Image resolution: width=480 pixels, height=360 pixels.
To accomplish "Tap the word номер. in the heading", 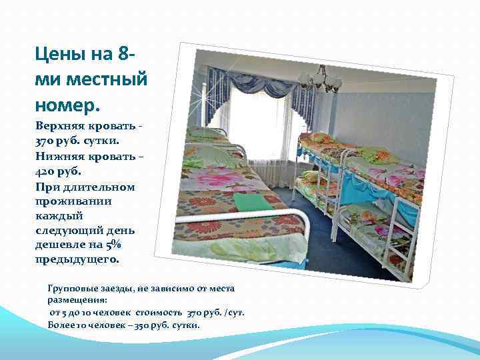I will [67, 105].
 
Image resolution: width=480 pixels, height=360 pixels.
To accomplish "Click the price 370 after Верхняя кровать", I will [47, 141].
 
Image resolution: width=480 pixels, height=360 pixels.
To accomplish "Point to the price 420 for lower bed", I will [47, 171].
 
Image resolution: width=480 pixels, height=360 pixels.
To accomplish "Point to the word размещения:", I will [74, 300].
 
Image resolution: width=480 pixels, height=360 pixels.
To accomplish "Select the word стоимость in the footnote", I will [159, 312].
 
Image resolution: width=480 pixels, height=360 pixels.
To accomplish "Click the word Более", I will [61, 325].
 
